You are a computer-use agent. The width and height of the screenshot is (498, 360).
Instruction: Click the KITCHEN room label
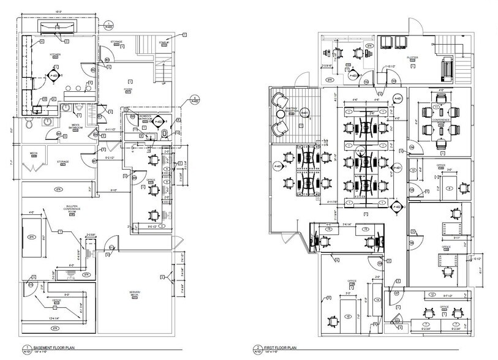coord(56,54)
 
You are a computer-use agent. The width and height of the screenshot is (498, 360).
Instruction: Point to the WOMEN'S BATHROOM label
coord(145,116)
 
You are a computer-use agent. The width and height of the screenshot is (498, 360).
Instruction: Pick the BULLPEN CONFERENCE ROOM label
coord(72,210)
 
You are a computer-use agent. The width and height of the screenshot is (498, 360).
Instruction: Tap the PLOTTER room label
coord(412,57)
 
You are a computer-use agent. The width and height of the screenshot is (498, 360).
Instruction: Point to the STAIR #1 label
coord(164,42)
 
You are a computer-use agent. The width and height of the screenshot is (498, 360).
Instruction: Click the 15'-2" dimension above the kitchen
coord(58,12)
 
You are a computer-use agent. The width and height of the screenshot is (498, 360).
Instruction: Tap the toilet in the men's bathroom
coord(30,122)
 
